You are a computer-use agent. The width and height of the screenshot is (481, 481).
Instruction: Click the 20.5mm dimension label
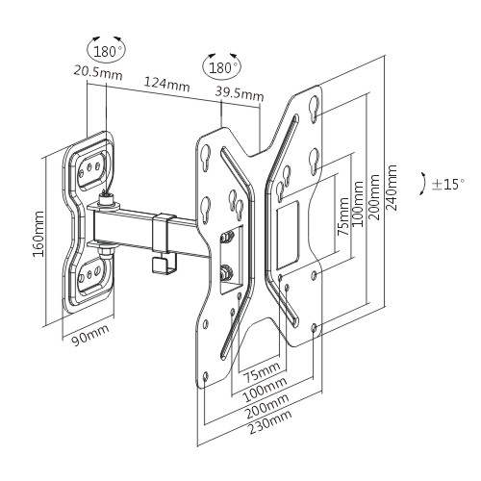coord(98,72)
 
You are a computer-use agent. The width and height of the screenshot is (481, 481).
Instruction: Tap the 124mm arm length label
coord(166,84)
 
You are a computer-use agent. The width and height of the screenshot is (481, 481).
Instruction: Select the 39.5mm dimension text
coord(240,93)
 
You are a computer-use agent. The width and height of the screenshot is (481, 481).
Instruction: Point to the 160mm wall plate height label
coord(38,234)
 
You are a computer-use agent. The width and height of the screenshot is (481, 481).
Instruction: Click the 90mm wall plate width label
coord(90,335)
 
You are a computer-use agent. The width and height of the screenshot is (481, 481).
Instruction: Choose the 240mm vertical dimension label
coord(392,188)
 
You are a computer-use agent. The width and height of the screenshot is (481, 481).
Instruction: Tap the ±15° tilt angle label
coord(447,185)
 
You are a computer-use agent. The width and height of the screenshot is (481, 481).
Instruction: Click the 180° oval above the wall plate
coord(107,51)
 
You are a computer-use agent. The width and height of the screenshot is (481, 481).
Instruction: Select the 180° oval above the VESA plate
coord(222,67)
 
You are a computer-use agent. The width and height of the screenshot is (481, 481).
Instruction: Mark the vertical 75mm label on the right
coord(343,216)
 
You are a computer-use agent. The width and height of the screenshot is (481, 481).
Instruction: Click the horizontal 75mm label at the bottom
coord(262,371)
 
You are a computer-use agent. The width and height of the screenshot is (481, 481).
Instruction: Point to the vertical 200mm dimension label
coord(374,197)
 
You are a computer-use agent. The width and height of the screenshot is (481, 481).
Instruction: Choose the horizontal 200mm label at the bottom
coord(267,406)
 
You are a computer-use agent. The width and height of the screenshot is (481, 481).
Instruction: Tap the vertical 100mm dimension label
coord(358,204)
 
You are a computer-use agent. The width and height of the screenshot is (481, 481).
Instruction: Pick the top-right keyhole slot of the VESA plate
coord(315,109)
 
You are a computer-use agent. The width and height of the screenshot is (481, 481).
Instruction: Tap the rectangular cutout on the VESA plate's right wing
coord(288,235)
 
